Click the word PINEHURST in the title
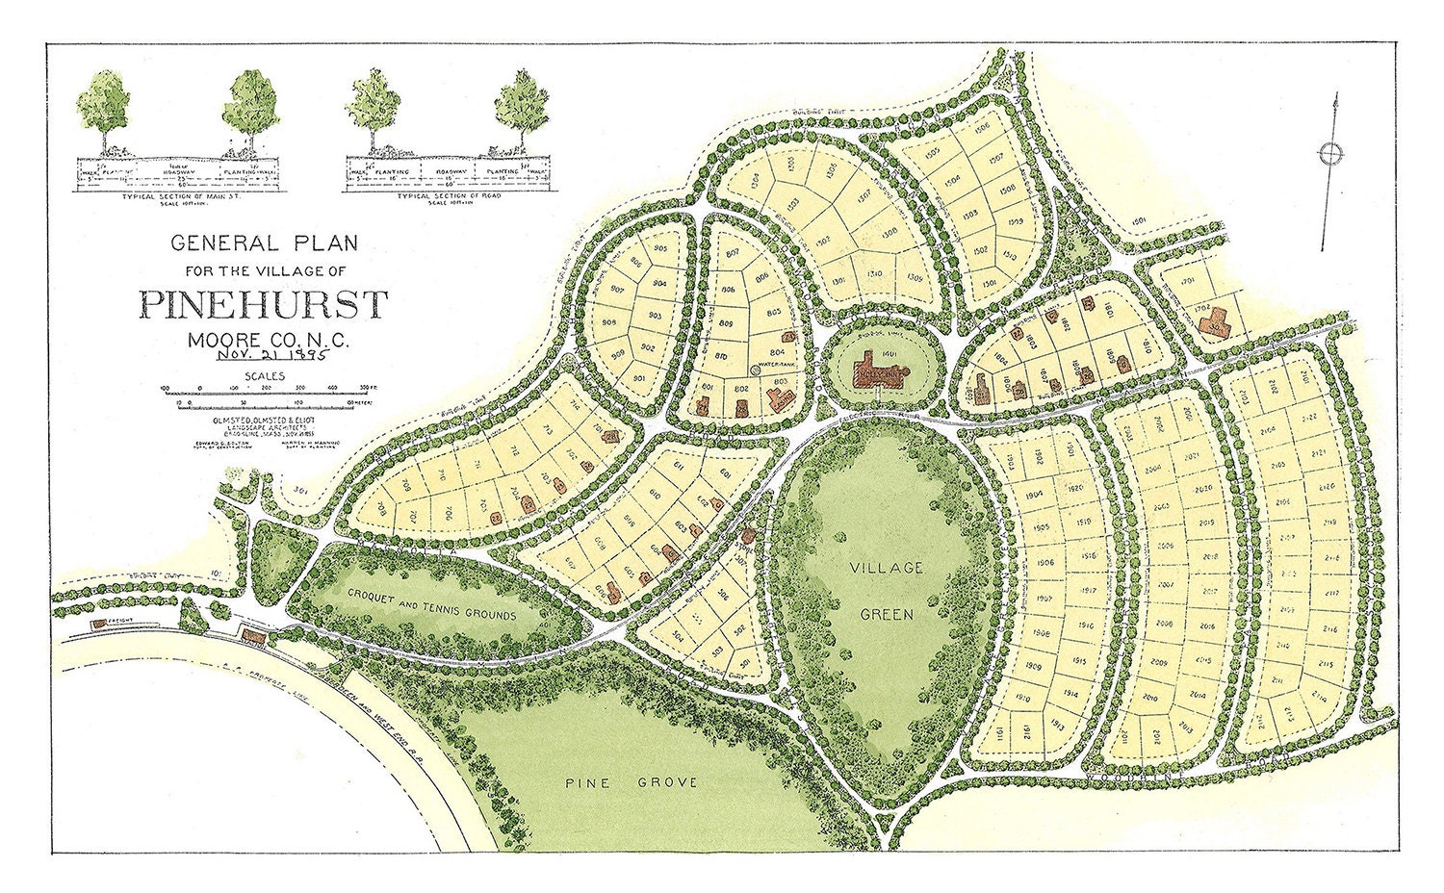(x=262, y=304)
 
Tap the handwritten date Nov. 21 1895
(x=273, y=353)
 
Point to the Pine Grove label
(x=632, y=782)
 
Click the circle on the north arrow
(x=1330, y=154)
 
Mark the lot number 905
(x=659, y=248)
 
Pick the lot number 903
(x=654, y=316)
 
